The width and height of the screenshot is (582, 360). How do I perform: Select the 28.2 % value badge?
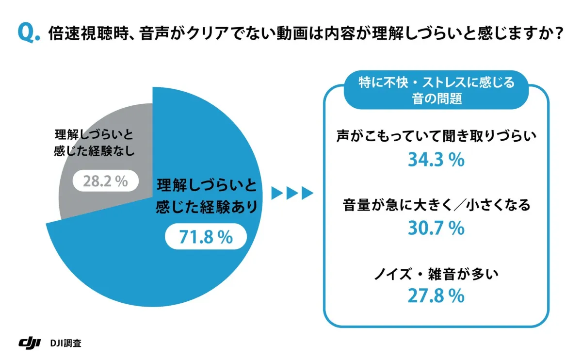pyautogui.click(x=106, y=181)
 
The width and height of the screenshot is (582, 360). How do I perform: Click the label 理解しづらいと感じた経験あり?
pyautogui.click(x=206, y=196)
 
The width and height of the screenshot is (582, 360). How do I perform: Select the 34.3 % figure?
pyautogui.click(x=436, y=160)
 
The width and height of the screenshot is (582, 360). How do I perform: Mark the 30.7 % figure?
pyautogui.click(x=436, y=228)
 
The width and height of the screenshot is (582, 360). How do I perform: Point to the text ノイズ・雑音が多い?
pyautogui.click(x=436, y=274)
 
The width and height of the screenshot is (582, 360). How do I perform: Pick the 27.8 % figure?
pyautogui.click(x=436, y=296)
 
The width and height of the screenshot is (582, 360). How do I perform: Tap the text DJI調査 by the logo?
pyautogui.click(x=65, y=343)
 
